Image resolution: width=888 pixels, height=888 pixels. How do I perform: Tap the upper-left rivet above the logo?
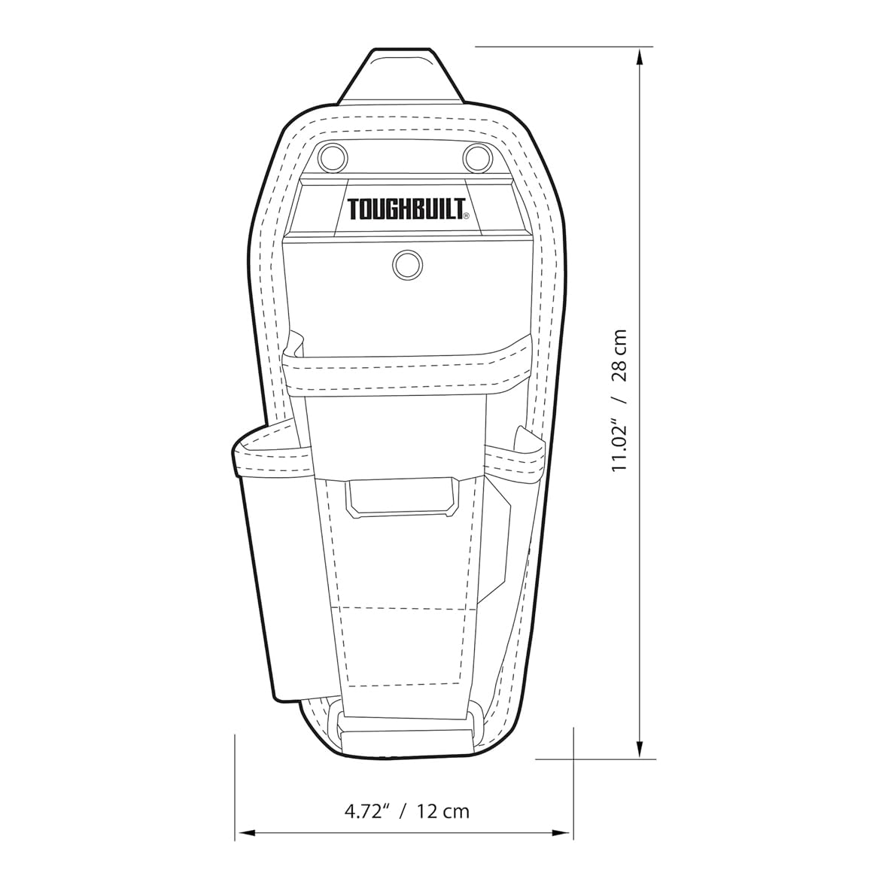pyautogui.click(x=333, y=157)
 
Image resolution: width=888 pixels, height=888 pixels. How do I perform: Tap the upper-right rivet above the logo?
pyautogui.click(x=477, y=157)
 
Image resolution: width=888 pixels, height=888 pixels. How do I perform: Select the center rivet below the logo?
pyautogui.click(x=406, y=264)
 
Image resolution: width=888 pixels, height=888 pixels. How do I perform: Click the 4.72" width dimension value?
pyautogui.click(x=368, y=811)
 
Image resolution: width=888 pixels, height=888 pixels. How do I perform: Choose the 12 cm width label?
pyautogui.click(x=443, y=811)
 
